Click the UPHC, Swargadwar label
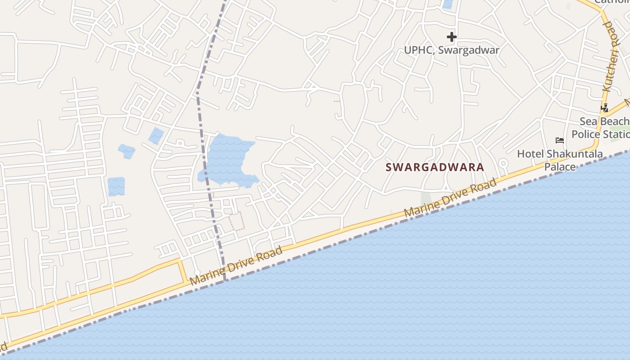point(451,50)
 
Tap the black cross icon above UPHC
point(452,37)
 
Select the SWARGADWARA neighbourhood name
point(435,167)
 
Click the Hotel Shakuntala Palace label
point(560,160)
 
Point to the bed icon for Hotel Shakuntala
point(560,140)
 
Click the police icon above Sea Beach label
point(605,108)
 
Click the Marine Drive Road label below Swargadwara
point(450,198)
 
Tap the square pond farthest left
point(116,186)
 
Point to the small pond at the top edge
point(448,4)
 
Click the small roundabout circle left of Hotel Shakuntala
point(504,163)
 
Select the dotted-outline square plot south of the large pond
point(237,221)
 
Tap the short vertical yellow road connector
point(183,270)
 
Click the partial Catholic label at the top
point(612,2)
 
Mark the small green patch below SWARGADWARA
point(425,198)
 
